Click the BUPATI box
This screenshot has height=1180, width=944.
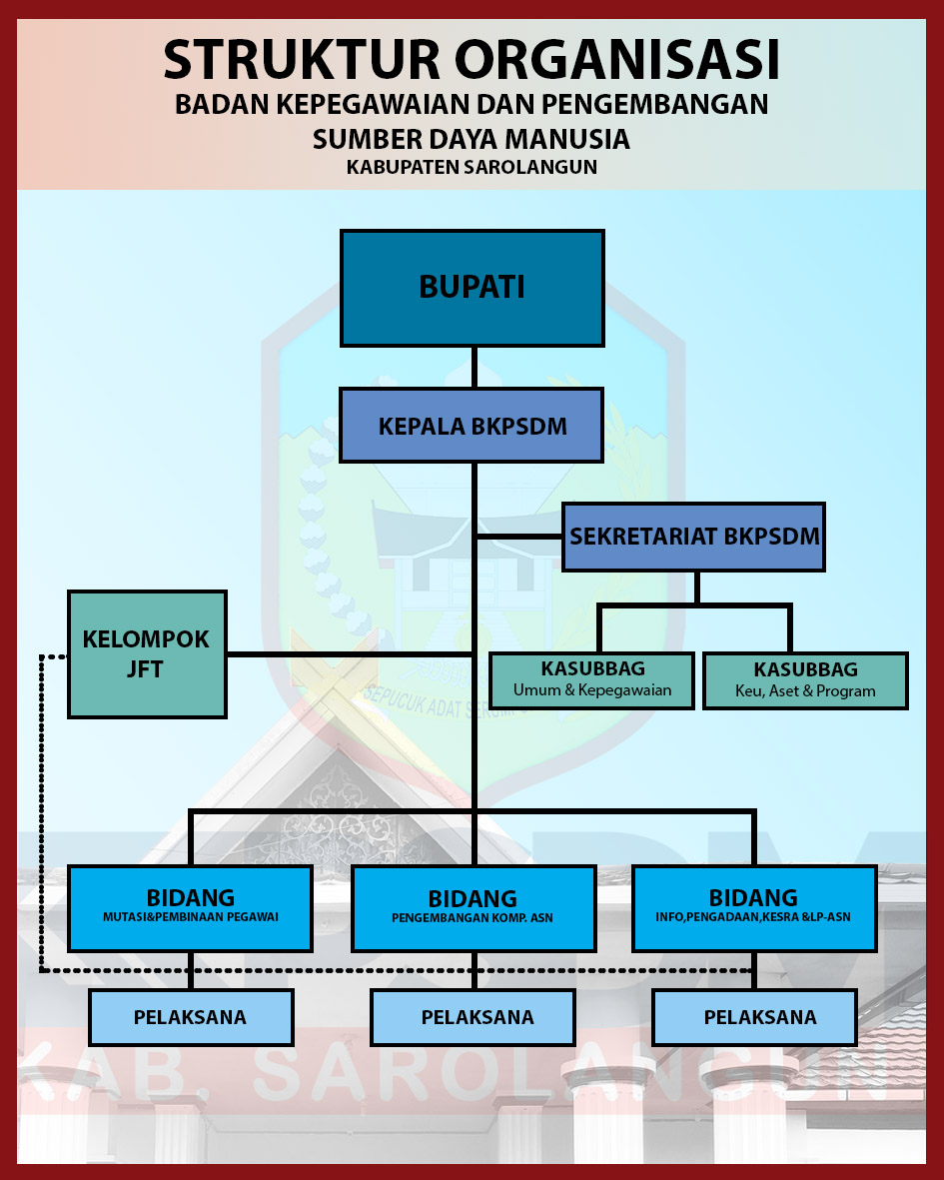click(x=472, y=288)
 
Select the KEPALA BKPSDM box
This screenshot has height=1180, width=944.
click(x=472, y=427)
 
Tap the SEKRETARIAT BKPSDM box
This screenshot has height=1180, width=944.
click(x=694, y=537)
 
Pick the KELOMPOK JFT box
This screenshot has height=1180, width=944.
click(x=147, y=654)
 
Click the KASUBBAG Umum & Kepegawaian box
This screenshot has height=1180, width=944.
click(x=592, y=679)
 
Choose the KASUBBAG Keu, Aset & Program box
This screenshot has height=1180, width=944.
click(x=805, y=679)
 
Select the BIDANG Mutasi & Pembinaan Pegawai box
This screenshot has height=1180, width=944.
click(x=190, y=906)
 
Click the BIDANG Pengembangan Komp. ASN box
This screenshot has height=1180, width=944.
click(x=472, y=907)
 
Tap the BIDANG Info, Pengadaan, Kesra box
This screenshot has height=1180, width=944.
click(x=754, y=906)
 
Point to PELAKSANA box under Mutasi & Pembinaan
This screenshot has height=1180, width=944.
click(x=190, y=1017)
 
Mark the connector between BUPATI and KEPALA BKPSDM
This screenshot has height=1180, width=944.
click(x=473, y=368)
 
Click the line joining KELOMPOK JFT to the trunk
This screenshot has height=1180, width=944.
click(x=350, y=654)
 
